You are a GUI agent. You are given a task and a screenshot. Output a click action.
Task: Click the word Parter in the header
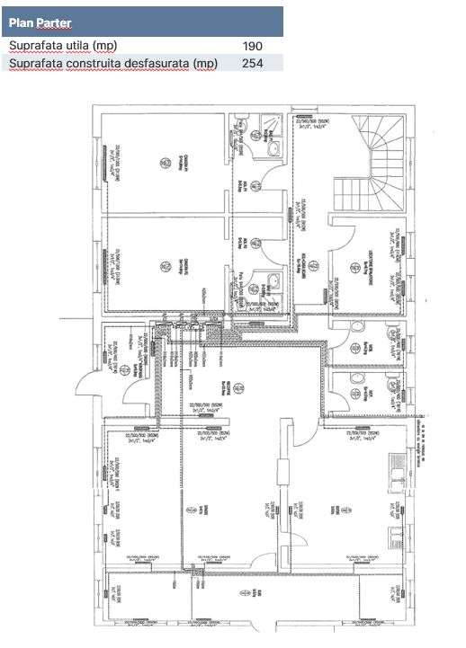[55, 22]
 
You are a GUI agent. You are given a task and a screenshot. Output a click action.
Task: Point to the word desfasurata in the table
[159, 63]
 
